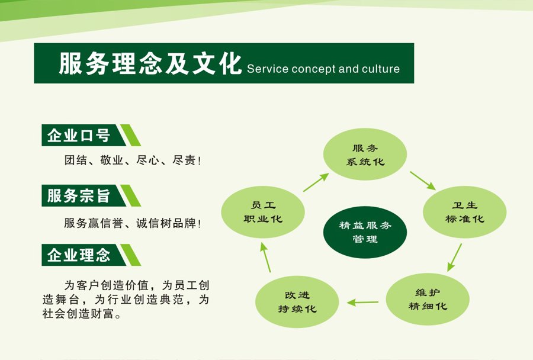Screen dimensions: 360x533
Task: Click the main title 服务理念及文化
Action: click(x=150, y=64)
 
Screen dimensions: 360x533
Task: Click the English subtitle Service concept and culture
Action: click(x=323, y=69)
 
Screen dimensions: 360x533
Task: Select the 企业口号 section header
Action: click(x=79, y=136)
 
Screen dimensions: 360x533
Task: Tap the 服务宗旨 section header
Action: click(x=79, y=195)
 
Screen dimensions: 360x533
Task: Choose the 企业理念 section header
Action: click(x=79, y=255)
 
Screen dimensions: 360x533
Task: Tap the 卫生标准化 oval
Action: click(x=464, y=212)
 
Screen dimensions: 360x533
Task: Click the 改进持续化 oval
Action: click(x=297, y=302)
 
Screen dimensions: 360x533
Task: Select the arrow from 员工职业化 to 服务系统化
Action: click(x=316, y=182)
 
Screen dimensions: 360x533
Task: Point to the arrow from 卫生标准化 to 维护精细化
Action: click(x=454, y=256)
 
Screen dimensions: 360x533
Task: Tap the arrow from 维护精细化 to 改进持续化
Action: click(x=362, y=302)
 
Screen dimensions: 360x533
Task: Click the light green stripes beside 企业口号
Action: click(x=130, y=136)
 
